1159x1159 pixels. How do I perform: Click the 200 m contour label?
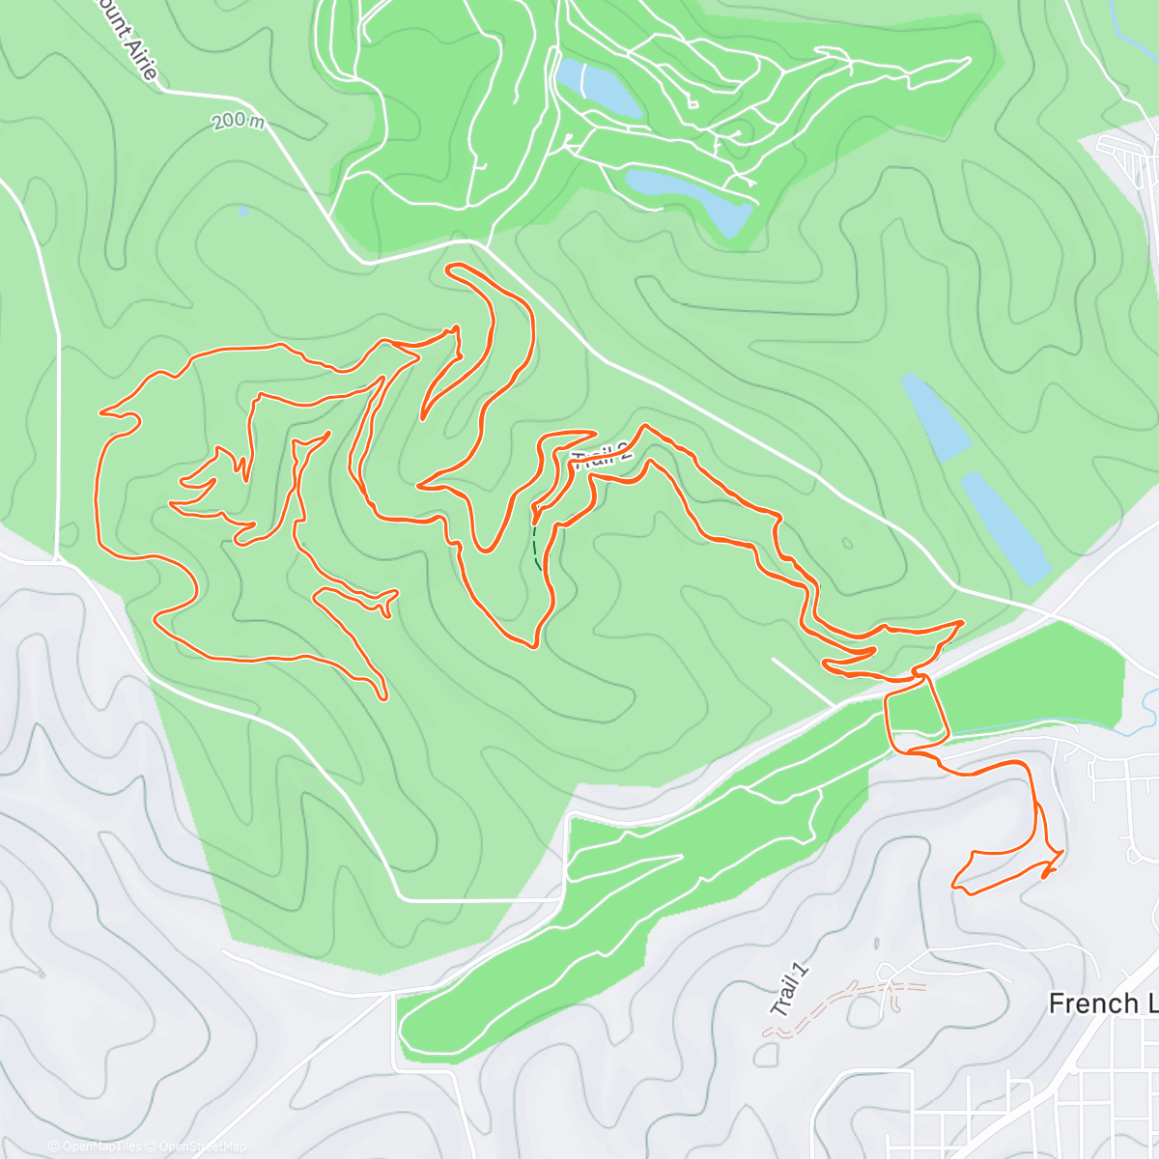tap(238, 123)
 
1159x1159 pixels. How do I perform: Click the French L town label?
tap(1101, 1004)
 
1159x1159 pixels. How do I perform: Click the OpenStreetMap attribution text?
tap(203, 1146)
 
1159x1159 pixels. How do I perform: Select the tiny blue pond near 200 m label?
tap(242, 210)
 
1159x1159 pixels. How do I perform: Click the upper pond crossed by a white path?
tap(599, 89)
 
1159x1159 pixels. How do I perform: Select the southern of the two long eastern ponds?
tap(1004, 527)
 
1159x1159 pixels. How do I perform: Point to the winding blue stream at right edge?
tap(1146, 710)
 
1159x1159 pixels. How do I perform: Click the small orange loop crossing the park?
tap(915, 710)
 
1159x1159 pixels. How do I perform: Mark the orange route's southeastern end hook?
tap(1047, 874)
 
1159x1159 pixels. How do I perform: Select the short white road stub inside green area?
tap(802, 682)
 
